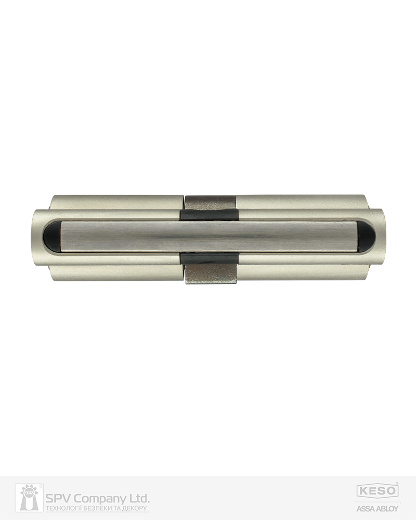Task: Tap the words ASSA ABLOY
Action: coord(378,508)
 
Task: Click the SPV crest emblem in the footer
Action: coord(29,498)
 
